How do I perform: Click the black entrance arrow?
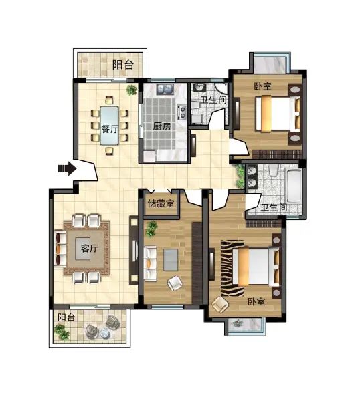(67, 168)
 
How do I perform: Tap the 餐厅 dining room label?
(110, 129)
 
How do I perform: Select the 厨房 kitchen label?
(162, 126)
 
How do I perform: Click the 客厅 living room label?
(90, 249)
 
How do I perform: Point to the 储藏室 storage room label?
(161, 203)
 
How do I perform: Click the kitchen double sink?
(165, 89)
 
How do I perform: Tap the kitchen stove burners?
(183, 112)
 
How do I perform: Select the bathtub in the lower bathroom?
(294, 185)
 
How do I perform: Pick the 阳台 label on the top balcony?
(123, 65)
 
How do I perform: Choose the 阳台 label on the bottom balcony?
(66, 317)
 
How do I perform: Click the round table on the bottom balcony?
(104, 333)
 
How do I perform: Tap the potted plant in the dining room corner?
(132, 90)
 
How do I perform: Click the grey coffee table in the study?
(171, 260)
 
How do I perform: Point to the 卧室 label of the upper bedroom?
(263, 86)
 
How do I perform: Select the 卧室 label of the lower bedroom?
(256, 301)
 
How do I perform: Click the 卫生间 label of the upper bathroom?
(213, 100)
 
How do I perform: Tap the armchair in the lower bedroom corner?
(220, 305)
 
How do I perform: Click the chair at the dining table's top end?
(109, 100)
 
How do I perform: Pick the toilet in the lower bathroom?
(274, 170)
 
